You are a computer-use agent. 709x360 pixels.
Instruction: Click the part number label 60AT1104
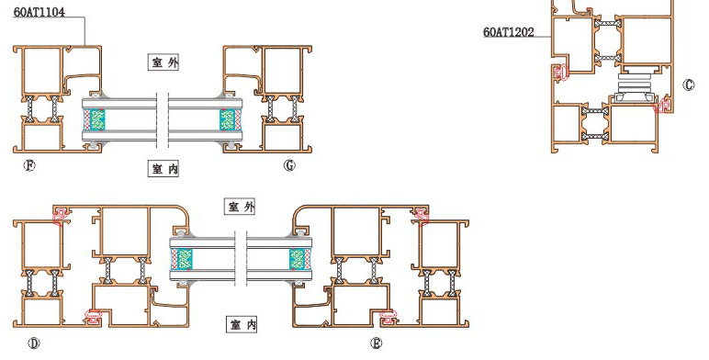click(x=39, y=12)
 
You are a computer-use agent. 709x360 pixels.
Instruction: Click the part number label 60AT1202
click(x=509, y=32)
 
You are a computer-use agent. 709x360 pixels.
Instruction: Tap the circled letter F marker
click(x=29, y=165)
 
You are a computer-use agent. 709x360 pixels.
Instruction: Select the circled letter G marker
click(x=289, y=165)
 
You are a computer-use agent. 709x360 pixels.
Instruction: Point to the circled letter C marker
click(x=688, y=85)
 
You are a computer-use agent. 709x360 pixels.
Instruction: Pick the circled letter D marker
click(x=34, y=343)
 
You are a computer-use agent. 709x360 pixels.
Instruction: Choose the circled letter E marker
click(x=377, y=343)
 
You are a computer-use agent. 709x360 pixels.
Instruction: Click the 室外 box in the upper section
click(x=163, y=62)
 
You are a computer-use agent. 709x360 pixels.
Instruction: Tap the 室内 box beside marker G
click(x=163, y=169)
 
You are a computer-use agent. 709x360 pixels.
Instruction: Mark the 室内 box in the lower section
click(x=242, y=324)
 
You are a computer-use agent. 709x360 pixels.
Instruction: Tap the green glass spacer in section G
click(x=227, y=120)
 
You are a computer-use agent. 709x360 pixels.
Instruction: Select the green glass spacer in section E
click(x=297, y=259)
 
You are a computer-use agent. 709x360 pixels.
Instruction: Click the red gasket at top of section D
click(x=61, y=215)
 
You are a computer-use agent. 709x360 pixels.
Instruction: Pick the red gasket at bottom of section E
click(x=388, y=316)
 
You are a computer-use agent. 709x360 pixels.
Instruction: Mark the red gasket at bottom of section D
click(x=95, y=316)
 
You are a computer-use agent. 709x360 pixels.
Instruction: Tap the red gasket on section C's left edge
click(x=561, y=73)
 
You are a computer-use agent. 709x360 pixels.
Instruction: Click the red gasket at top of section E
click(x=421, y=215)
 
